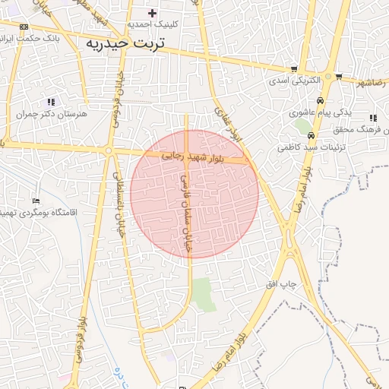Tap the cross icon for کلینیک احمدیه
tap(153, 13)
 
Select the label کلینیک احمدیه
tap(153, 24)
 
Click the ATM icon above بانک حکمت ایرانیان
tap(24, 27)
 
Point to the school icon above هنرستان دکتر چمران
tap(51, 101)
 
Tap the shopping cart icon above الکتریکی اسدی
tap(294, 69)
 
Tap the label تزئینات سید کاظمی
tap(312, 147)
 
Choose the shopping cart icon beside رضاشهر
tap(338, 76)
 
